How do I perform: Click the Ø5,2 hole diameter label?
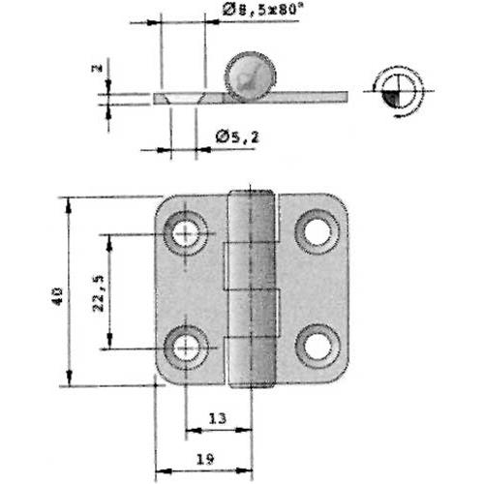(x=236, y=138)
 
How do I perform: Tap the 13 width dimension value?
(x=219, y=418)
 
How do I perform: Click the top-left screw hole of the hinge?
(x=186, y=232)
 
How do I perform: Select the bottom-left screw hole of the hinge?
(x=186, y=347)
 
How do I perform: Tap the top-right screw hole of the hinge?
(x=317, y=230)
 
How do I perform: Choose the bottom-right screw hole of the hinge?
(x=317, y=346)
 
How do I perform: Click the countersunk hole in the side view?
(x=185, y=97)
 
